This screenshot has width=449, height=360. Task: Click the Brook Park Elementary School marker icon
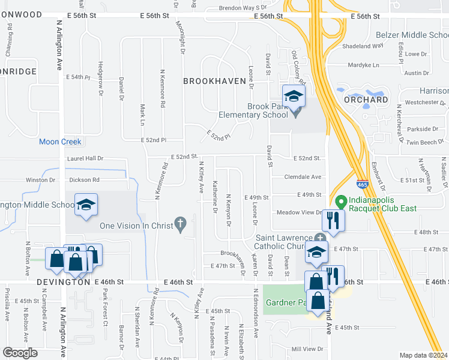(294, 97)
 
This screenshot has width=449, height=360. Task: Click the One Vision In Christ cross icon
(179, 224)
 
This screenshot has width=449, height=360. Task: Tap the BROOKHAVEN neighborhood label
(214, 81)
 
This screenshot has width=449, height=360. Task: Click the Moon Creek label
(60, 142)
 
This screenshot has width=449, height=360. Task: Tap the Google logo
(20, 353)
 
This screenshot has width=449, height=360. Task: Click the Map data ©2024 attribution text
(424, 355)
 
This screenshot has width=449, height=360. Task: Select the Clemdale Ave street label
(303, 177)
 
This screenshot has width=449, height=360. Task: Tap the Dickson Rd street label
(84, 179)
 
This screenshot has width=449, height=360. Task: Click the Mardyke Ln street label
(365, 65)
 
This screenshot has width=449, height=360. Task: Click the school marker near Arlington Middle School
(86, 205)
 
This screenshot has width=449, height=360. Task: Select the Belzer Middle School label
(412, 35)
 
